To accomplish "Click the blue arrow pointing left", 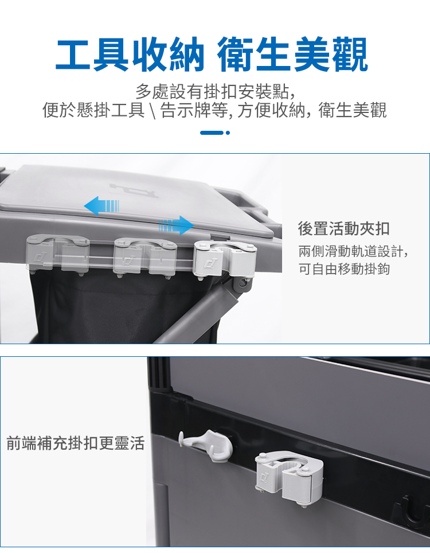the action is click(101, 206).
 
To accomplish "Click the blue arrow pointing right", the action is click(176, 225).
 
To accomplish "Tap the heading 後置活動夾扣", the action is click(343, 228).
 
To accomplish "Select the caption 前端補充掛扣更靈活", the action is click(76, 443).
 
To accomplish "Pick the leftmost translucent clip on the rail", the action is click(57, 255).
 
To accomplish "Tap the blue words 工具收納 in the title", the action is click(130, 54).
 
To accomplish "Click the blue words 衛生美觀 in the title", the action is click(292, 54).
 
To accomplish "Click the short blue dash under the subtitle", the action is click(212, 133).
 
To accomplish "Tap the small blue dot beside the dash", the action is click(228, 133).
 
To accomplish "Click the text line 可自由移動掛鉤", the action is click(344, 268).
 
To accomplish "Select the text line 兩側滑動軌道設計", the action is click(353, 251).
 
